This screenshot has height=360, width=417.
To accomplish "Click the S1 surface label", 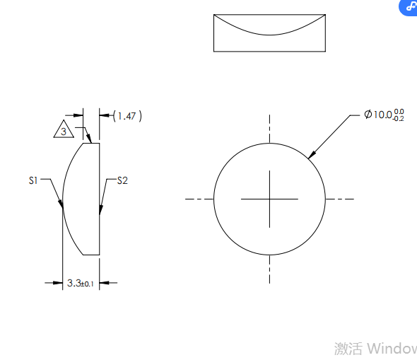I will (x=33, y=180).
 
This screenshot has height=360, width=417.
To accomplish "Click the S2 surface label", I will (x=122, y=180).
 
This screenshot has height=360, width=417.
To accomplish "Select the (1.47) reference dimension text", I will (x=127, y=116).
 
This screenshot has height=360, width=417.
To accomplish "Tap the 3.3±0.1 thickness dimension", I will (x=80, y=283).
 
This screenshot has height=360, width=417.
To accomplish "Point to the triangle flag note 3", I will (x=64, y=131).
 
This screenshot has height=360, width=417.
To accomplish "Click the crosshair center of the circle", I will (x=269, y=199).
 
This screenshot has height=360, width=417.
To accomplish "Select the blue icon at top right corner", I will (x=409, y=6).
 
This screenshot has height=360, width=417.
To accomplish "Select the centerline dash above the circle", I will (x=269, y=127).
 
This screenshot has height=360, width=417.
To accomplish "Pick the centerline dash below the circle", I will (x=269, y=270).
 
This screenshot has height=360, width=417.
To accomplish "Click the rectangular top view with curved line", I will (x=269, y=33).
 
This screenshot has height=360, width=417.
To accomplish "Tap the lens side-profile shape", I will (x=83, y=199).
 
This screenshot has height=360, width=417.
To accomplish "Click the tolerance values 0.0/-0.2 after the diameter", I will (x=399, y=115).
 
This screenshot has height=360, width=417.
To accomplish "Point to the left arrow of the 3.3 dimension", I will (x=58, y=283).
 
